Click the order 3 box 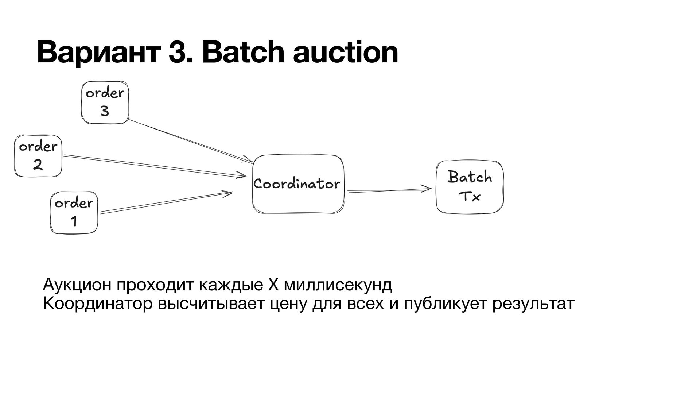(105, 102)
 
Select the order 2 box (38, 156)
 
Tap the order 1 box (74, 212)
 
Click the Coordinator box (298, 184)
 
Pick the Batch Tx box (470, 187)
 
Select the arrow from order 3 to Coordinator (190, 140)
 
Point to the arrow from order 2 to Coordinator (153, 166)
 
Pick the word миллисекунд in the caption (338, 285)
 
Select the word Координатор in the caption (97, 304)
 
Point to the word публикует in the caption (445, 304)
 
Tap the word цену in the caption (287, 304)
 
